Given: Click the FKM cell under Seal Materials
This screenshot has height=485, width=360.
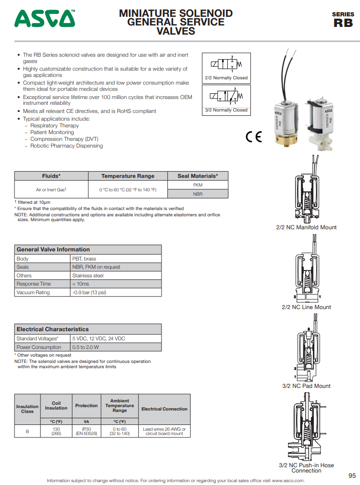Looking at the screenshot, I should click(x=198, y=185).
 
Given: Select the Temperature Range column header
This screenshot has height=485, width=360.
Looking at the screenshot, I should click(x=128, y=176).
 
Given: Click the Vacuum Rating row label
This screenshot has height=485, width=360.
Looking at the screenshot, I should click(x=33, y=292).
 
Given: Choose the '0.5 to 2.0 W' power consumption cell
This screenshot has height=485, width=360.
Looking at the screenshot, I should click(x=86, y=347).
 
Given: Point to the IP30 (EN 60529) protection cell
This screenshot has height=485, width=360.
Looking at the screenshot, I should click(x=87, y=431).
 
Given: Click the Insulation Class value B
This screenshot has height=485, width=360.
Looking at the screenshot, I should click(x=27, y=431).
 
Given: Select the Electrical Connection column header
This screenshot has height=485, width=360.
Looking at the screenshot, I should click(x=164, y=409).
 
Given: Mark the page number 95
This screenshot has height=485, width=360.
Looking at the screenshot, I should click(x=352, y=475).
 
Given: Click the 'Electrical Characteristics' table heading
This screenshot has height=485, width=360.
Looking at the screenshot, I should click(x=53, y=329).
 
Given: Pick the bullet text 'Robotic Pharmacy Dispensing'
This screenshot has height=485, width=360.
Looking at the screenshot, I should click(x=66, y=146).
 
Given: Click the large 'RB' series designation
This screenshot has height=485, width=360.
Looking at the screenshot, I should click(x=343, y=23).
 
